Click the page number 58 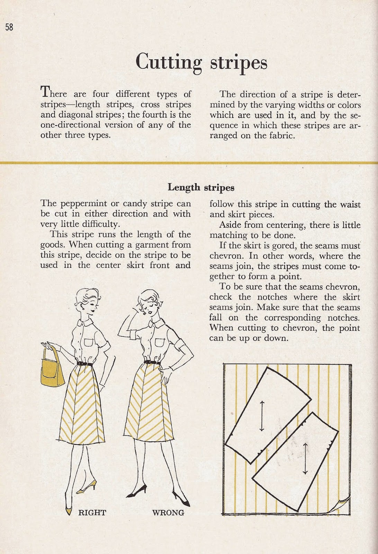(x=9, y=27)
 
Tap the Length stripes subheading (x=201, y=187)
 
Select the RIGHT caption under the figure (x=92, y=512)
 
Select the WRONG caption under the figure (x=168, y=512)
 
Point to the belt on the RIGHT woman (x=84, y=364)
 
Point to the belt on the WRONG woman (x=152, y=362)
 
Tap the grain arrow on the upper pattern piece (x=262, y=416)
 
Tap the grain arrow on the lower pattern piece (x=305, y=458)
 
